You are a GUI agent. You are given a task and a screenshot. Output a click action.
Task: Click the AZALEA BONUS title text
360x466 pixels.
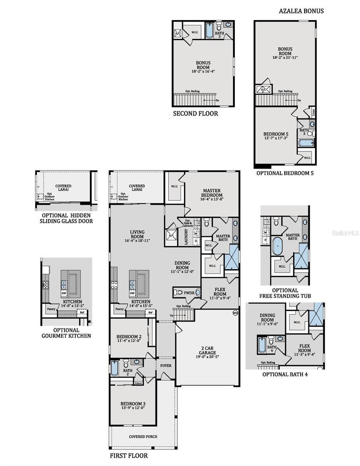click(x=301, y=11)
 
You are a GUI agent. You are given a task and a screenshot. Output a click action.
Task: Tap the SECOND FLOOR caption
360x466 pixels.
click(x=195, y=113)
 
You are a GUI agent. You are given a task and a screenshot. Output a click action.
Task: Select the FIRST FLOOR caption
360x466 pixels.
click(x=128, y=456)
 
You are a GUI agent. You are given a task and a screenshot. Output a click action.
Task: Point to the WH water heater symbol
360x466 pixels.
click(x=235, y=313)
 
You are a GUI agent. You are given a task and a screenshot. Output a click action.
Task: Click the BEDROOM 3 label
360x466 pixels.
click(x=132, y=405)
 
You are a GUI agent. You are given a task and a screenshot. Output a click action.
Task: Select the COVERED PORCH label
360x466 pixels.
click(x=143, y=436)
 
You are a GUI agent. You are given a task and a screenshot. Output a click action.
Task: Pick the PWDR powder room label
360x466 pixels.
click(x=189, y=292)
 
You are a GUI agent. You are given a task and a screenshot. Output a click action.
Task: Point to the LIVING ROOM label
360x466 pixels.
click(x=137, y=235)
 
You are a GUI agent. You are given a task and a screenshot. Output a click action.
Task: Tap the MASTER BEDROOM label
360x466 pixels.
click(x=212, y=193)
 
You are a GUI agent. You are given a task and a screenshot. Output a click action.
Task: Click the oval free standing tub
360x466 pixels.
click(x=277, y=246)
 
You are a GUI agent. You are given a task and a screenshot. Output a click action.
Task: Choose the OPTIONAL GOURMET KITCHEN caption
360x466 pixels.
click(x=66, y=333)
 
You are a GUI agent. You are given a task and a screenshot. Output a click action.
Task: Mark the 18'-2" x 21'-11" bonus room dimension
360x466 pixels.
click(x=285, y=57)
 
